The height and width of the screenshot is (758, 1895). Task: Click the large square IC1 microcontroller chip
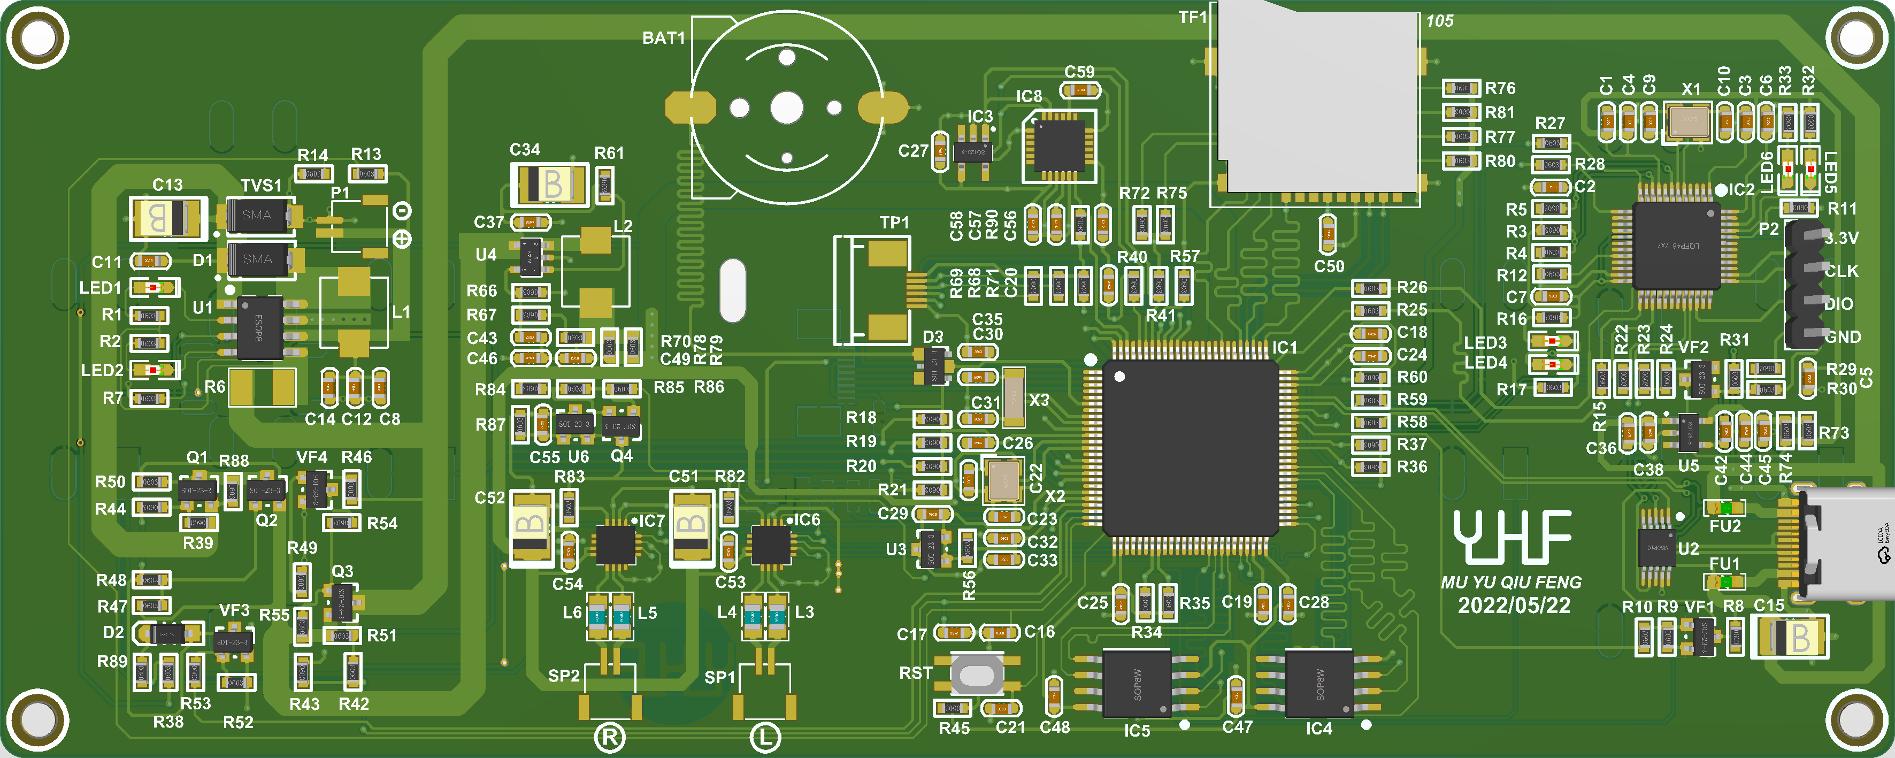[1190, 447]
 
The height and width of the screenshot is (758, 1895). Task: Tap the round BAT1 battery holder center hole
[786, 108]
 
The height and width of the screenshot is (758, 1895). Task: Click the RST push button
[976, 674]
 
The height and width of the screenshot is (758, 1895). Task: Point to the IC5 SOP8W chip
[1137, 684]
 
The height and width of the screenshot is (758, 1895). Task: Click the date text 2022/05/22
[1514, 606]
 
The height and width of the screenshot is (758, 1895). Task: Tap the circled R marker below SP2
[610, 737]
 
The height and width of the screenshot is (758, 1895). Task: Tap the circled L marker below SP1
[765, 737]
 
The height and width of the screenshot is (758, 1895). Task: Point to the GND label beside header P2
[1842, 337]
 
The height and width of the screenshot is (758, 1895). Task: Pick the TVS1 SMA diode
[257, 215]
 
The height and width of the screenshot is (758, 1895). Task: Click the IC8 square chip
[1060, 146]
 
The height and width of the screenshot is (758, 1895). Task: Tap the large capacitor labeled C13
[168, 218]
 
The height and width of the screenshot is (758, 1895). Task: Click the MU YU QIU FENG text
[1511, 582]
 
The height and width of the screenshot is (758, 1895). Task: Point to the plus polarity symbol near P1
[402, 239]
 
